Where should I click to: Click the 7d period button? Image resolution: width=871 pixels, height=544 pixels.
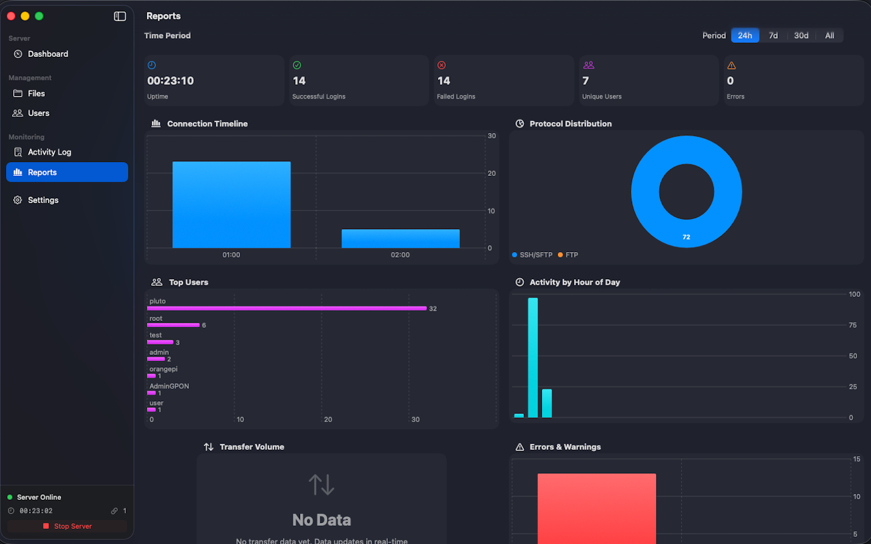(773, 36)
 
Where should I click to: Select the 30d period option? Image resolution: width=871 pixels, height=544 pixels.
(801, 36)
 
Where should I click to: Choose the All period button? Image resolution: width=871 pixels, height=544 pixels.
(829, 36)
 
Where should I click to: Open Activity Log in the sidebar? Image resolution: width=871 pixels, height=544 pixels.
(49, 152)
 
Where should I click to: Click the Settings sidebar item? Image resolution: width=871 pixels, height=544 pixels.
(43, 200)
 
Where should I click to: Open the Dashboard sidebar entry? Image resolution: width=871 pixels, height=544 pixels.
(48, 54)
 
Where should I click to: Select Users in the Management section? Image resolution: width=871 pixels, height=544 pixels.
(38, 113)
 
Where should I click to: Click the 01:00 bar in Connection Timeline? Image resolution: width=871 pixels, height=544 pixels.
(231, 204)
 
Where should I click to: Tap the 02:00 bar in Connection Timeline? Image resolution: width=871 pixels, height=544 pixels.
(400, 238)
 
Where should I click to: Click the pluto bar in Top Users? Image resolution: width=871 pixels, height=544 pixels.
(287, 308)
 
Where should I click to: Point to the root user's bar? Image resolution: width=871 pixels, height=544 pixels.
(173, 325)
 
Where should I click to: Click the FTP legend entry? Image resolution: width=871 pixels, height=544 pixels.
(568, 255)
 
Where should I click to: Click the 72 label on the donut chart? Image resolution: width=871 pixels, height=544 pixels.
(686, 237)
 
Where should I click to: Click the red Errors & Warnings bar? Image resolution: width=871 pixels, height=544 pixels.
(596, 508)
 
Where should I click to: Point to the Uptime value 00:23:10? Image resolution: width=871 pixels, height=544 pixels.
(171, 81)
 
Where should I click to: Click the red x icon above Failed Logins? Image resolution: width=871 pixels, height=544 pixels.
(442, 65)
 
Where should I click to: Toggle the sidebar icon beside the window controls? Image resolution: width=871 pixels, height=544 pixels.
(120, 16)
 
